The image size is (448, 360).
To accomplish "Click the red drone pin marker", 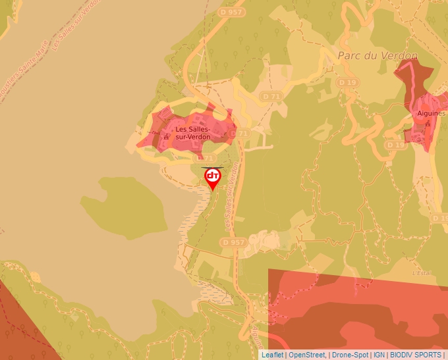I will pos(213,178).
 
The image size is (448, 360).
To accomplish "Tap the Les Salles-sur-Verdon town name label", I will pos(192,133).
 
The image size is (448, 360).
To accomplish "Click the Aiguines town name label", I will pos(431,113).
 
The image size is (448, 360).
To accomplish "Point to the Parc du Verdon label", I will pos(378,56).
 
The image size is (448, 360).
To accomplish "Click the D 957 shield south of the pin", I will pos(234,242).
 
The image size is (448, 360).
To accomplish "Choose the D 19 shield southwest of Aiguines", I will pos(395,144).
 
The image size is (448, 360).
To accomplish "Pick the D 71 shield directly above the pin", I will pos(205,159).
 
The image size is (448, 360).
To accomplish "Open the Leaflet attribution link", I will pos(272,355).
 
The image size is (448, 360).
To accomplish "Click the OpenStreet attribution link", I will pos(307,355).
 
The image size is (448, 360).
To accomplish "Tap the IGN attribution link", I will pos(379,355).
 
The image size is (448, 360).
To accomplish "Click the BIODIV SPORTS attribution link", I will pos(415,355).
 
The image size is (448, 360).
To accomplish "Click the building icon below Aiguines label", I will pos(428,124).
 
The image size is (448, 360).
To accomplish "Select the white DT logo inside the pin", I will pos(213,175).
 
